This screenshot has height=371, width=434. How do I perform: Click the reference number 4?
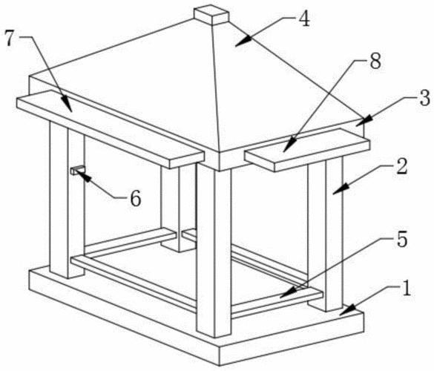pyautogui.click(x=304, y=20)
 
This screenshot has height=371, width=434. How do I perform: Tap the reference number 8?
pyautogui.click(x=375, y=62)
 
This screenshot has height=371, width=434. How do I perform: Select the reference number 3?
pyautogui.click(x=425, y=98)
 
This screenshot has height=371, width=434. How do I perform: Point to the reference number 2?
pyautogui.click(x=401, y=167)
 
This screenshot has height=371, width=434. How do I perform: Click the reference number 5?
pyautogui.click(x=402, y=239)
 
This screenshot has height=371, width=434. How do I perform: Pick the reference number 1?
pyautogui.click(x=406, y=288)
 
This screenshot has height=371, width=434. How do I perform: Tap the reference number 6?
pyautogui.click(x=136, y=199)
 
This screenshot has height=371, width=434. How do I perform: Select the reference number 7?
pyautogui.click(x=10, y=38)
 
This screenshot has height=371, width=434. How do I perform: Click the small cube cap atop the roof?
pyautogui.click(x=211, y=16)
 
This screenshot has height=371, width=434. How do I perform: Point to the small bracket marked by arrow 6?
pyautogui.click(x=77, y=170)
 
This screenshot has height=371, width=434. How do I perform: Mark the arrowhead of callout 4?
pyautogui.click(x=243, y=42)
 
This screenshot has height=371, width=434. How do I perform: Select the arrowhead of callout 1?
pyautogui.click(x=347, y=309)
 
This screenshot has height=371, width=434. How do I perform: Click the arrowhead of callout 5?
pyautogui.click(x=288, y=293)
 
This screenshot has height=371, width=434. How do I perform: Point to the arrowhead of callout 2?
pyautogui.click(x=341, y=190)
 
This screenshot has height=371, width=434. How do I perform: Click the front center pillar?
pyautogui.click(x=214, y=251)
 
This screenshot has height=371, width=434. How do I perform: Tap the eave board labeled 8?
pyautogui.click(x=307, y=150)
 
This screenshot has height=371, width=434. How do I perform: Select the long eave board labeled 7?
pyautogui.click(x=111, y=129)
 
